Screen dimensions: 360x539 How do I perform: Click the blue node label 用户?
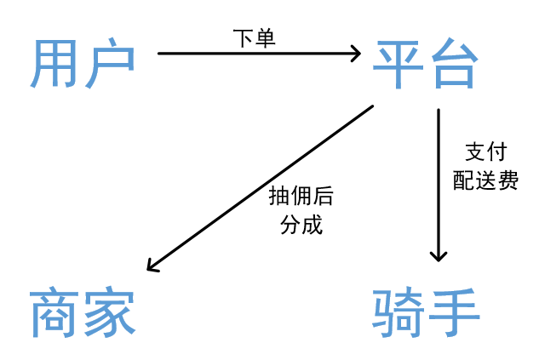(83, 65)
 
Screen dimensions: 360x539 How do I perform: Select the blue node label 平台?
(425, 65)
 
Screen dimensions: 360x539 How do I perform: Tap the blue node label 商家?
(83, 314)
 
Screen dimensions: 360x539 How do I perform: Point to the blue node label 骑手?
(426, 314)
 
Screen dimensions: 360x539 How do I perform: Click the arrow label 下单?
(254, 38)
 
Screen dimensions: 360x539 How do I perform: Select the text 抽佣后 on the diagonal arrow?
(301, 197)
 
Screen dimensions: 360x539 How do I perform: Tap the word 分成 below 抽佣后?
(301, 226)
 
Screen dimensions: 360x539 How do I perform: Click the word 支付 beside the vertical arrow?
(485, 151)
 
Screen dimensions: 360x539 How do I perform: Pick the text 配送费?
(485, 180)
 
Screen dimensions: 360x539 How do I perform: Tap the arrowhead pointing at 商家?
(152, 266)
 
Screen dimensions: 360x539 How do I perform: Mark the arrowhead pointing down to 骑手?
(439, 254)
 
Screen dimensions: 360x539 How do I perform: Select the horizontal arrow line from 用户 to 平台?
(255, 54)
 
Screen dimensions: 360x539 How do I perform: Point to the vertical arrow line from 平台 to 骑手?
(439, 179)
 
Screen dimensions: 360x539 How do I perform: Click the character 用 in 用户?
(56, 65)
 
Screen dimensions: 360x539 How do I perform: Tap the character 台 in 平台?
(452, 65)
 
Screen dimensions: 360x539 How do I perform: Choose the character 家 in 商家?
(110, 314)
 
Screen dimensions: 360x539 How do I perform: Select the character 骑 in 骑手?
(399, 314)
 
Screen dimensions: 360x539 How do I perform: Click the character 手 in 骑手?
(453, 314)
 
